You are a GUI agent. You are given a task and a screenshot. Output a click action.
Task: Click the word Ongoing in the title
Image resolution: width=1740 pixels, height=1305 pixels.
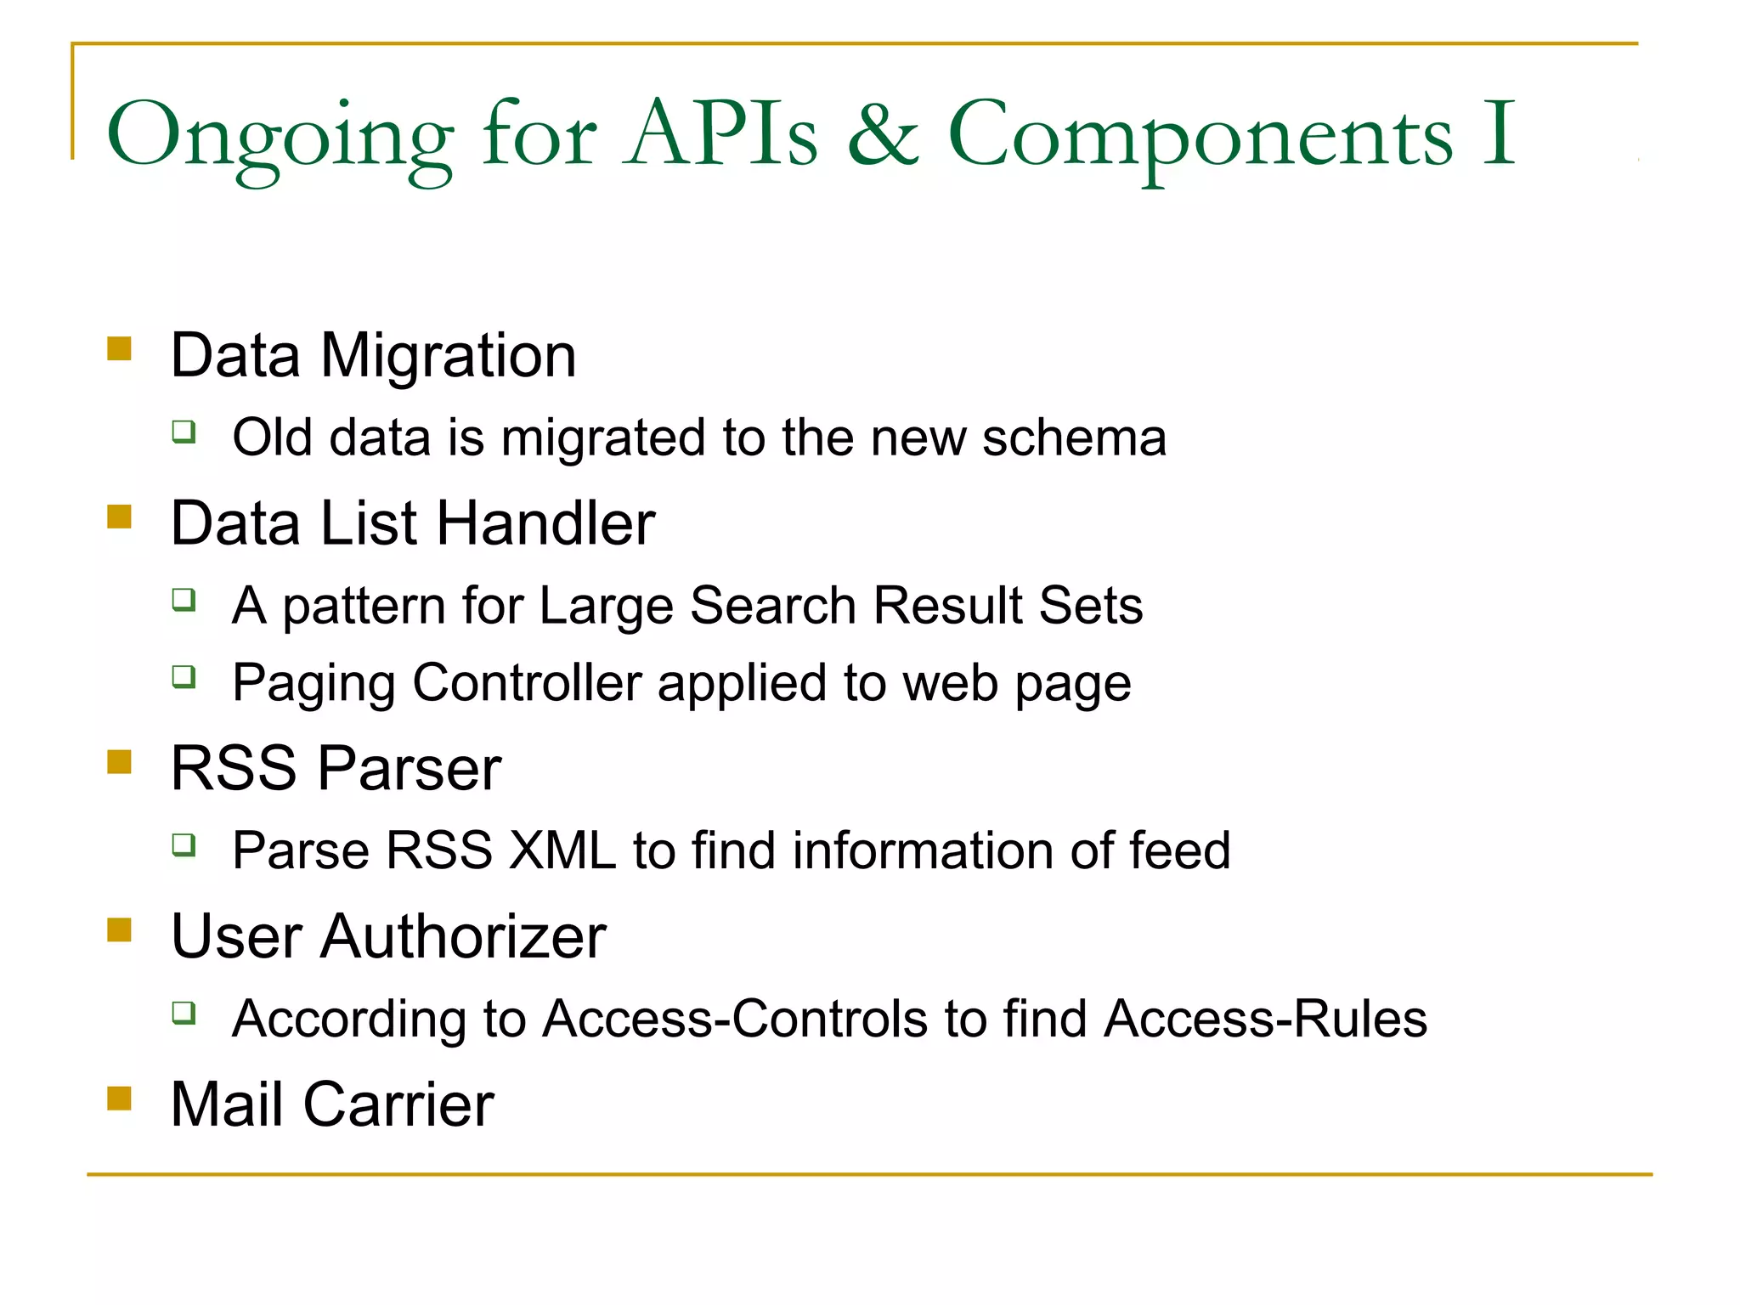point(280,136)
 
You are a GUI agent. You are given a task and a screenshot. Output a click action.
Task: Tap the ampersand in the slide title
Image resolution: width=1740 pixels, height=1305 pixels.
point(883,134)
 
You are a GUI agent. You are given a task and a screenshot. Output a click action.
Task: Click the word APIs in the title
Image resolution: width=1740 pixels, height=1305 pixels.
point(722,134)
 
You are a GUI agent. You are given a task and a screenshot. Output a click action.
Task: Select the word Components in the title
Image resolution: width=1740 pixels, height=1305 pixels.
point(1200,136)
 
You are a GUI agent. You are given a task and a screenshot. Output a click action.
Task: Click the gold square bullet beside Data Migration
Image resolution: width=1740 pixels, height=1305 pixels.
point(120,349)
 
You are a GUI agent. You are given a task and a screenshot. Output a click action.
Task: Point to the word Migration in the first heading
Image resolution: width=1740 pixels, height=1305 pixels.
point(448,355)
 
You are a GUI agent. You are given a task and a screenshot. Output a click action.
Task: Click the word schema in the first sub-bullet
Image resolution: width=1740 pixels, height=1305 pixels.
point(1074,438)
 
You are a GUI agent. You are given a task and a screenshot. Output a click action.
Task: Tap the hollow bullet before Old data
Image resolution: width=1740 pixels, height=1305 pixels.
point(184,432)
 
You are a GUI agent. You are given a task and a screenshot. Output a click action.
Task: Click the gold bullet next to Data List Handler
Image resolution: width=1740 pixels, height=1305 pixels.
point(120,517)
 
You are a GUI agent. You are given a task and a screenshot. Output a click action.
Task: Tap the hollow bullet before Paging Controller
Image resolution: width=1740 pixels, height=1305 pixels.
point(184,676)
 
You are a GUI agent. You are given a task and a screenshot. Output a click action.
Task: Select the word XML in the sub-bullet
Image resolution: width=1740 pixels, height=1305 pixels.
point(562,850)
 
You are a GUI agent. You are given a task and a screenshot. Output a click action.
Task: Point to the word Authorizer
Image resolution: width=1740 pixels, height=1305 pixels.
point(463,936)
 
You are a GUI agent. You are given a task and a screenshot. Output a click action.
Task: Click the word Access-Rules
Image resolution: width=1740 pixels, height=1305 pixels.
point(1265,1019)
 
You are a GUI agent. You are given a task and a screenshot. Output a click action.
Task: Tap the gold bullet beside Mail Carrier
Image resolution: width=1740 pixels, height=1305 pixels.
point(120,1099)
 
